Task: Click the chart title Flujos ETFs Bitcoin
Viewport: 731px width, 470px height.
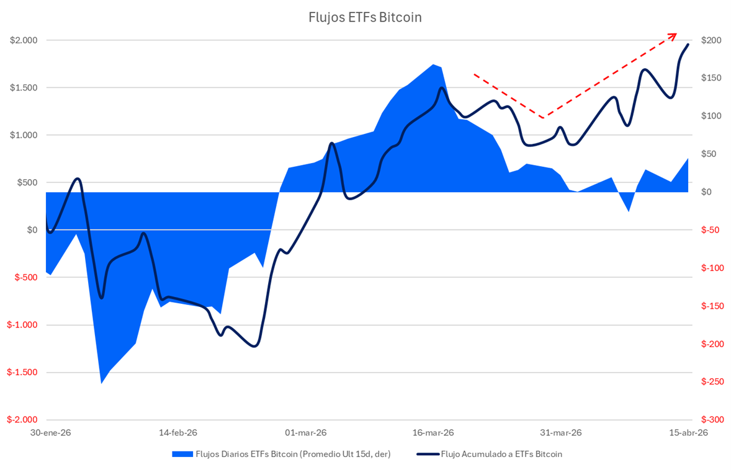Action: point(365,17)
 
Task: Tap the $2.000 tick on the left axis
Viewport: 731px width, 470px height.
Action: point(24,40)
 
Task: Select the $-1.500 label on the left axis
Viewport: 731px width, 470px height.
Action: point(22,373)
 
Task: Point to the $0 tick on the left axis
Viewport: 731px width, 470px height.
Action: point(32,230)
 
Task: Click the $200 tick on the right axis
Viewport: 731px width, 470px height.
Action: point(711,40)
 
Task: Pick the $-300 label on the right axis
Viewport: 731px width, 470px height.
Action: point(711,420)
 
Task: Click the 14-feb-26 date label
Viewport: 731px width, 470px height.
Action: point(178,433)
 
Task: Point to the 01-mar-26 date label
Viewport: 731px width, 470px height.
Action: point(306,433)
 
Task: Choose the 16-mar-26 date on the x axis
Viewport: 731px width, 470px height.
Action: point(433,433)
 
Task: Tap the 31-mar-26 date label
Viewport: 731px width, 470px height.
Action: point(560,433)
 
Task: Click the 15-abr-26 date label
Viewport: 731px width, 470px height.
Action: point(686,433)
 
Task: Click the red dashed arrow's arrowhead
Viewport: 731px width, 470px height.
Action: point(674,35)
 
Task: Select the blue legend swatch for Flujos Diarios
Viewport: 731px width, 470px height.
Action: point(182,454)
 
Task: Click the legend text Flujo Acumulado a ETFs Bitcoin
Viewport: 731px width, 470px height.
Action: point(501,454)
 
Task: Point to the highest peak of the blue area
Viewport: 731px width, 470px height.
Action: point(433,64)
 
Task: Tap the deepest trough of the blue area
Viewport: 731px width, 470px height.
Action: point(101,383)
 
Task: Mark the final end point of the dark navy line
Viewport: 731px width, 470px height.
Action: point(688,44)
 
